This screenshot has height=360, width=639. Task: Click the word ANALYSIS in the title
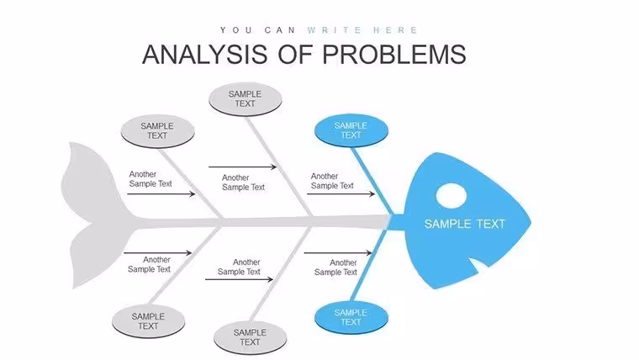coord(205,54)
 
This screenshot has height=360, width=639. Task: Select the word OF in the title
coord(295,54)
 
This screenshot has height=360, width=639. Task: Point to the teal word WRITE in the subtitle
coord(335,30)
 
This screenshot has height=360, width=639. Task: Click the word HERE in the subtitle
coord(395,30)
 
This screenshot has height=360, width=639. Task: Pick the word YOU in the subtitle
coord(236,30)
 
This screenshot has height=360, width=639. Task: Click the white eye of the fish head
coord(452,196)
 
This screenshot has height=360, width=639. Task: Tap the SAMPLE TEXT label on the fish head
coord(465,224)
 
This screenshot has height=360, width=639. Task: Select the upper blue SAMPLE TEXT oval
coord(351,130)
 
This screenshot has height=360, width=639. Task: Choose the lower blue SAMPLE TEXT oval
coord(351,317)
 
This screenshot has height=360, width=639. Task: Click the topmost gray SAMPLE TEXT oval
coord(245,99)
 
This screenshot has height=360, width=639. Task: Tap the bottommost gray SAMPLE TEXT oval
coord(251,337)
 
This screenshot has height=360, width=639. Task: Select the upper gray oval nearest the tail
coord(158,131)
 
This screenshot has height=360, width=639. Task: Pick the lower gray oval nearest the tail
coord(148,321)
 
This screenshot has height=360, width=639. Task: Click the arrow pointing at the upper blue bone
coord(341,194)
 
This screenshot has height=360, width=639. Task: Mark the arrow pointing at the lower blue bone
coord(338,253)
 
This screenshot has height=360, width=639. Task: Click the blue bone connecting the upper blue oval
coord(372,181)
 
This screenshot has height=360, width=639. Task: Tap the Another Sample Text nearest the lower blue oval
coord(335,267)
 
